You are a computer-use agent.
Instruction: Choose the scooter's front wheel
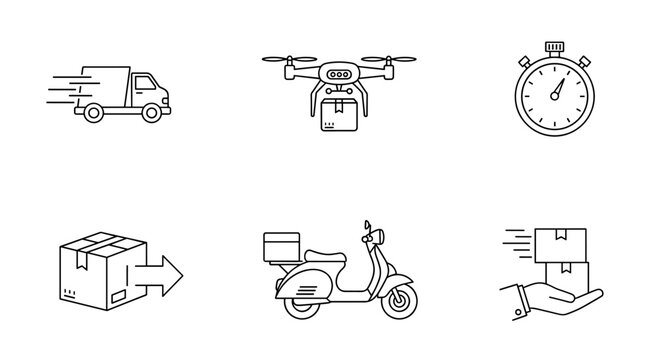401,300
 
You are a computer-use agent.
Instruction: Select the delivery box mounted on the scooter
281,248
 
